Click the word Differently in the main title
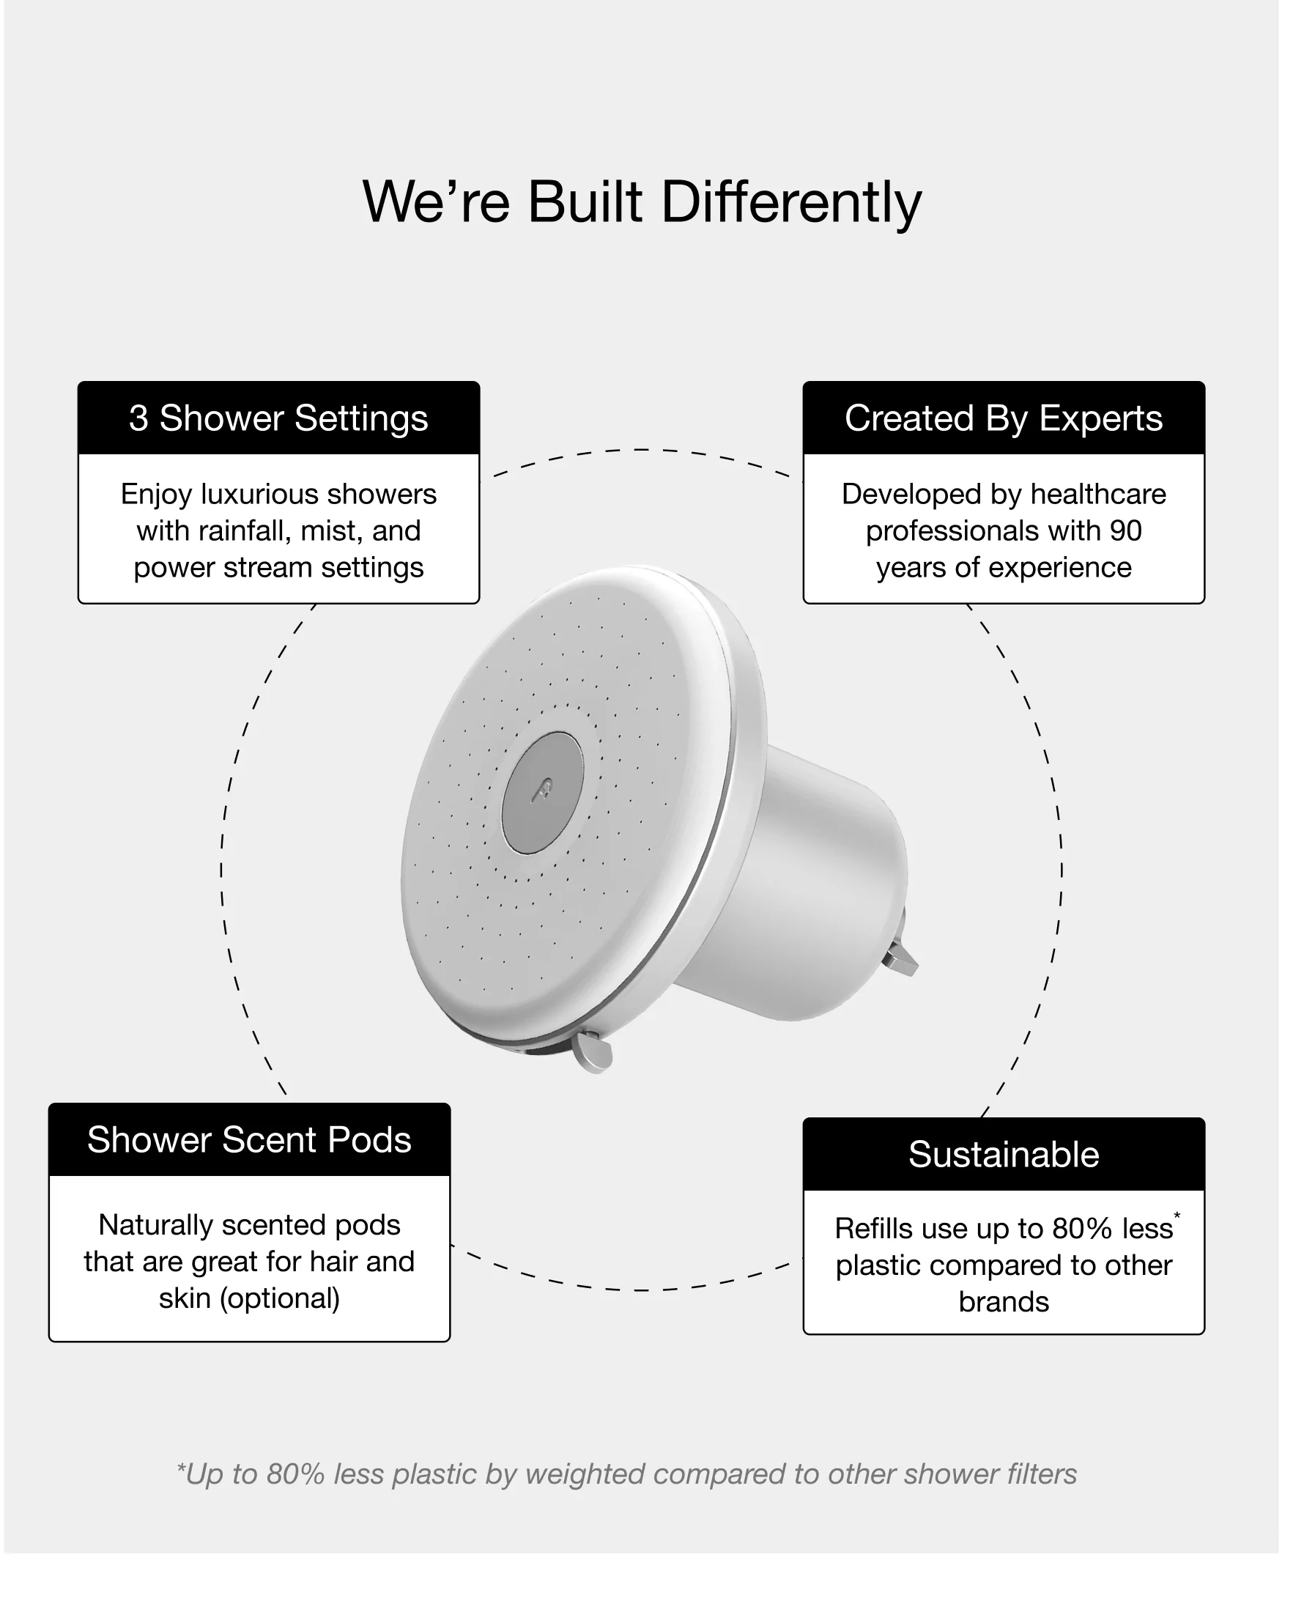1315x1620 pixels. coord(792,202)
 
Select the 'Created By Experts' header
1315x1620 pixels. coord(1003,418)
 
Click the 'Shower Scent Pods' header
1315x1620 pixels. coord(249,1139)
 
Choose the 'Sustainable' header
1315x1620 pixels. coord(1003,1155)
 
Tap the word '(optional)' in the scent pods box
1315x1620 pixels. coord(280,1298)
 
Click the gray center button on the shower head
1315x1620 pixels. coord(541,793)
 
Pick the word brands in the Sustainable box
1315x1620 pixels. coord(1003,1302)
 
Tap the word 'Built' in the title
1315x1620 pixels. coord(585,202)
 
